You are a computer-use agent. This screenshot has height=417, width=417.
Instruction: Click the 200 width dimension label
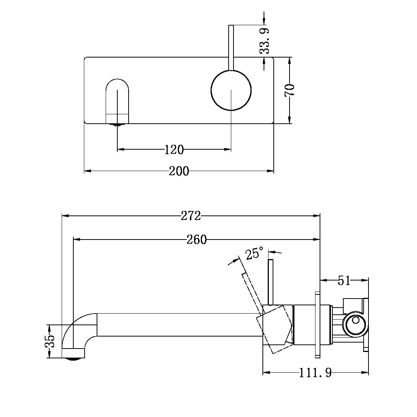pyautogui.click(x=179, y=171)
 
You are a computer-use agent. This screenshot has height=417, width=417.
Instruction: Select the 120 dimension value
pyautogui.click(x=174, y=150)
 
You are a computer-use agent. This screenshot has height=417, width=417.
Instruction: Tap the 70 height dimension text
pyautogui.click(x=290, y=90)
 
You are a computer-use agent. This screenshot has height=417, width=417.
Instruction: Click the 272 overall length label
pyautogui.click(x=191, y=216)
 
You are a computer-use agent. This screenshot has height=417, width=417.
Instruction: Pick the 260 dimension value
pyautogui.click(x=197, y=240)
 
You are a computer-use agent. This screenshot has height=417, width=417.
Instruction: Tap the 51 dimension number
pyautogui.click(x=344, y=280)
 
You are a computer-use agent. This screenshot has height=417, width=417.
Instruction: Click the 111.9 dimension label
pyautogui.click(x=316, y=373)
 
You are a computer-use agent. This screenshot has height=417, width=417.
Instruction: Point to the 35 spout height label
pyautogui.click(x=50, y=341)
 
